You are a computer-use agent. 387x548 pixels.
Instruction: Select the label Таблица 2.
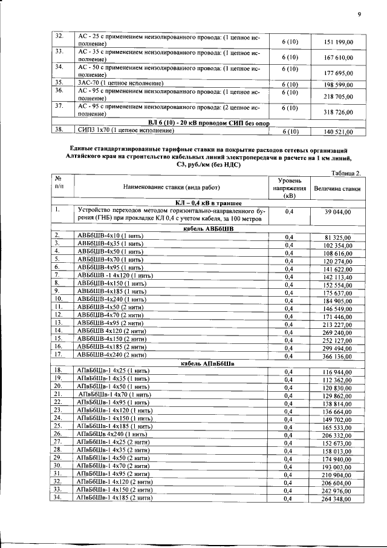(x=346, y=173)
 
